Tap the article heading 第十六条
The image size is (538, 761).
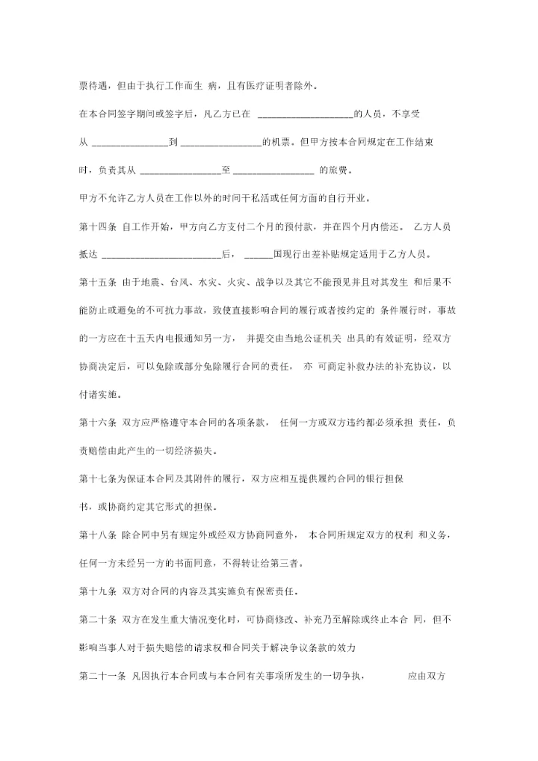click(x=96, y=422)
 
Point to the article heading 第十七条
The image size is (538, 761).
click(x=96, y=478)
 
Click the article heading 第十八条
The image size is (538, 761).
click(x=96, y=534)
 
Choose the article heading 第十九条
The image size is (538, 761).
click(x=96, y=591)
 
